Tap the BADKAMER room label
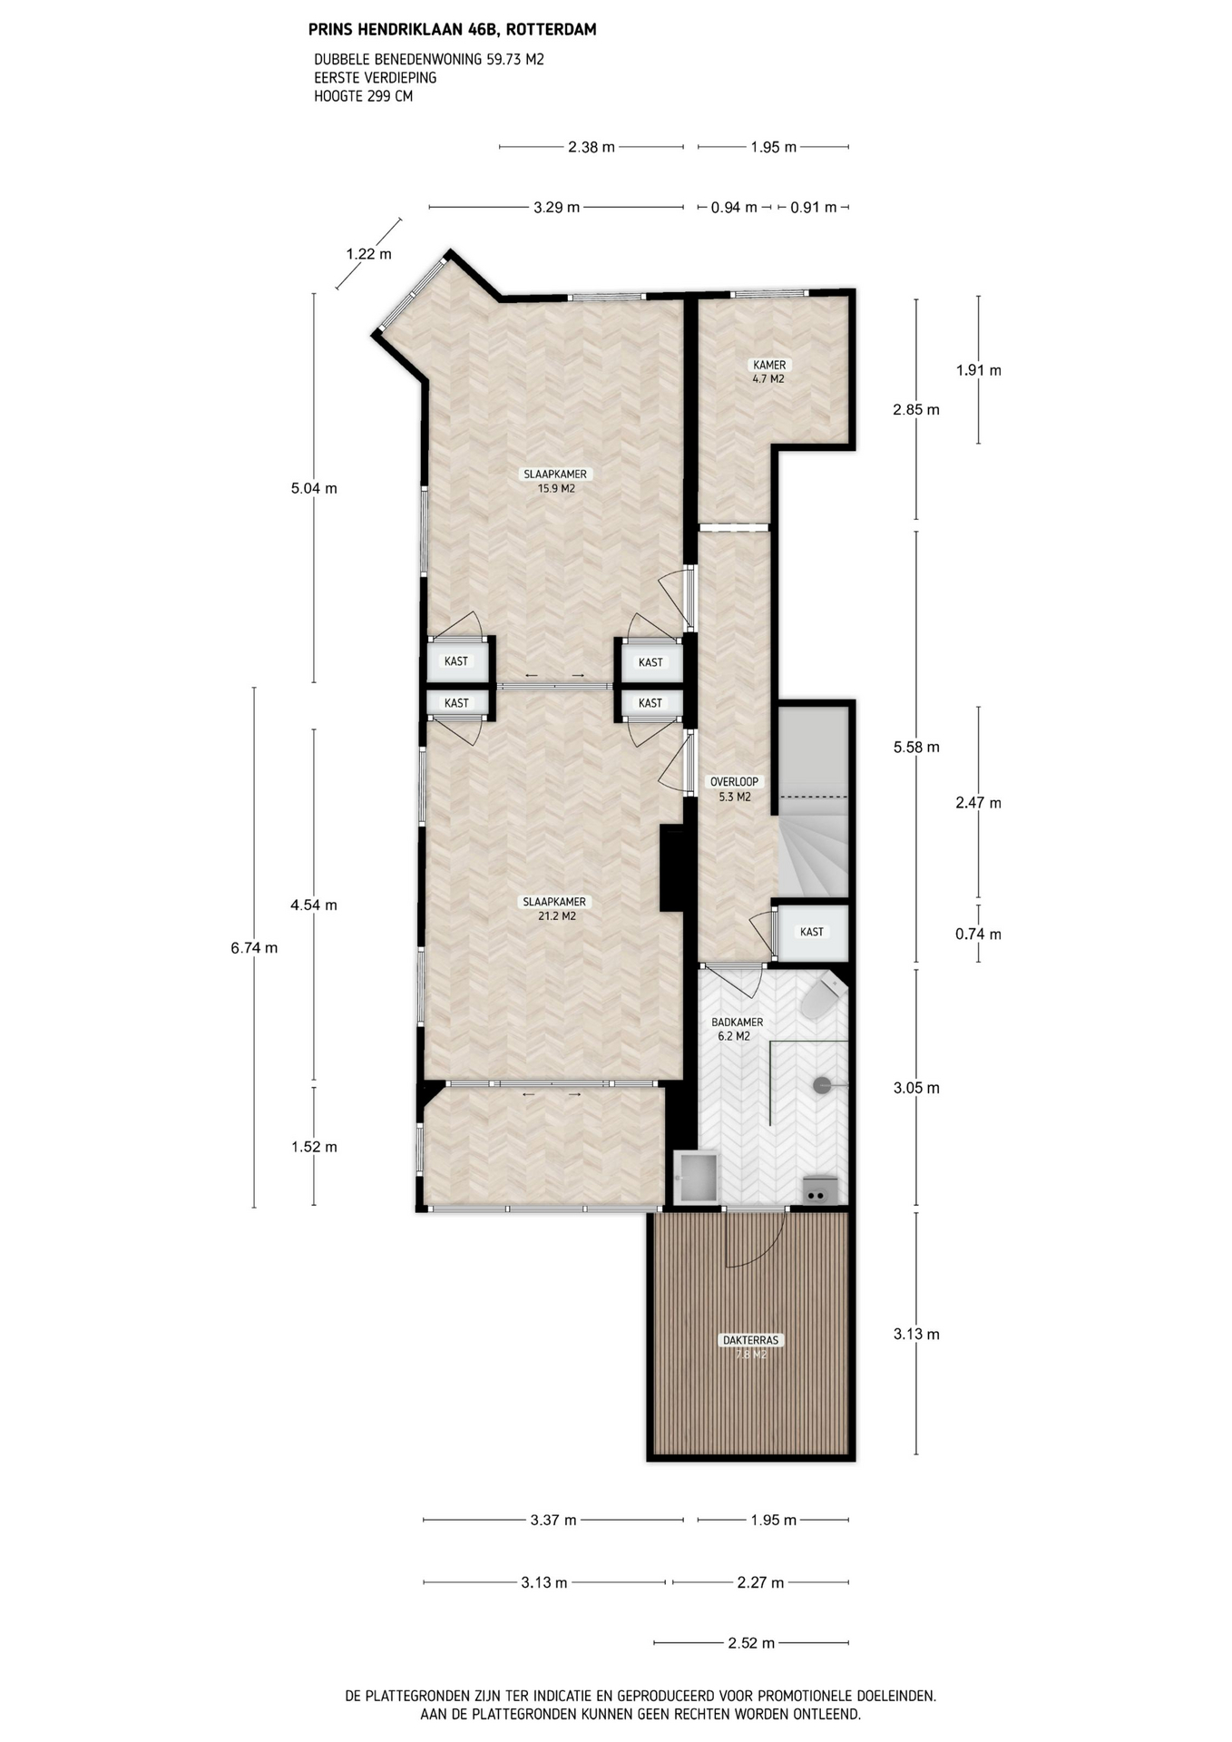pos(737,1022)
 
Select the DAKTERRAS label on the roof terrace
pos(750,1340)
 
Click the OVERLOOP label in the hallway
pos(734,781)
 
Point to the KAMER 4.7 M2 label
pos(769,372)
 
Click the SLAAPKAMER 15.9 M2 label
pos(555,481)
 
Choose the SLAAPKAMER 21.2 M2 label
pos(554,909)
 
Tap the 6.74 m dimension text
pos(254,948)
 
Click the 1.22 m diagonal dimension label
pos(368,254)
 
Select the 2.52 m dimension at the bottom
pos(751,1642)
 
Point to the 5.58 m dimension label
pos(916,748)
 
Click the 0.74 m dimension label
pos(978,935)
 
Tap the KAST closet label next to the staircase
pos(812,932)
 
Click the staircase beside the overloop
pos(814,803)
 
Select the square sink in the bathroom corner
pos(696,1178)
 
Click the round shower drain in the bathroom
pos(822,1084)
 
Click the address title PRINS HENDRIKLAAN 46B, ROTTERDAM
pos(453,30)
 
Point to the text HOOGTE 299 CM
pos(364,96)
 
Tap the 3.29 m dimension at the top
pos(556,208)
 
